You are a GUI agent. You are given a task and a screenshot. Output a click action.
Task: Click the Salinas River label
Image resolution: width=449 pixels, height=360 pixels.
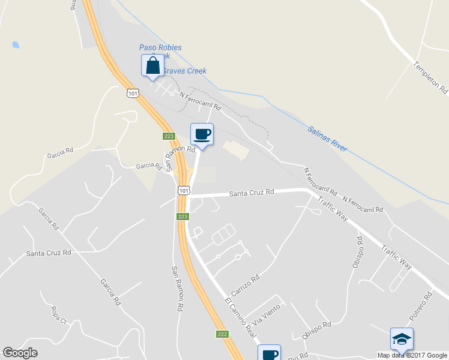click(x=327, y=139)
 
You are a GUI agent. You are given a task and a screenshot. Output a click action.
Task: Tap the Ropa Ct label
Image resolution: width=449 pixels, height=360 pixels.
click(x=58, y=315)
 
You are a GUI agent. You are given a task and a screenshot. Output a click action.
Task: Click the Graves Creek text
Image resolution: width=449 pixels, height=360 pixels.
click(x=185, y=71)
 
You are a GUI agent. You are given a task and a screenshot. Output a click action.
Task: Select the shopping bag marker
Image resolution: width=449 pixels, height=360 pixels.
click(x=152, y=65)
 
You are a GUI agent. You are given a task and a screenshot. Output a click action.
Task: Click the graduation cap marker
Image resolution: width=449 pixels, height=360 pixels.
click(x=402, y=339)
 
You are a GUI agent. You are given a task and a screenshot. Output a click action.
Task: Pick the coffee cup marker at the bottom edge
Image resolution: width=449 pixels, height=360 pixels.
click(x=269, y=353)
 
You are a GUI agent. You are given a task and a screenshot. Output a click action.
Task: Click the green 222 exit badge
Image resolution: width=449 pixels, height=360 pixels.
click(x=221, y=334)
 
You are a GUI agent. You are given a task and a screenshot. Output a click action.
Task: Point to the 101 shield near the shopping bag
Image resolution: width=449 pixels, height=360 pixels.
click(x=133, y=93)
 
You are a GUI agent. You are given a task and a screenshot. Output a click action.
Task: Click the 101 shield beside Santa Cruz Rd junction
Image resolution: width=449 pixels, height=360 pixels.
click(x=183, y=190)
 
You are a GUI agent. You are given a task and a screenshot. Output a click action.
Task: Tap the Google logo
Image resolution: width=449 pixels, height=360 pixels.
click(x=20, y=353)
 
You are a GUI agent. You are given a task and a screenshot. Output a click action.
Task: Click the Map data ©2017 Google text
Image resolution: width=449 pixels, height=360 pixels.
click(x=411, y=355)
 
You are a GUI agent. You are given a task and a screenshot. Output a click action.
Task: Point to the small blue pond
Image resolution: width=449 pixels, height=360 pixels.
click(x=15, y=44)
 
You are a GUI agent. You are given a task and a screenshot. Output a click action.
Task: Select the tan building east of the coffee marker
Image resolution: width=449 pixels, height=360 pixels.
click(x=236, y=149)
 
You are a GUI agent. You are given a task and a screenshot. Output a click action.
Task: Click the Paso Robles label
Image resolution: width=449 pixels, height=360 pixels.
click(x=160, y=47)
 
